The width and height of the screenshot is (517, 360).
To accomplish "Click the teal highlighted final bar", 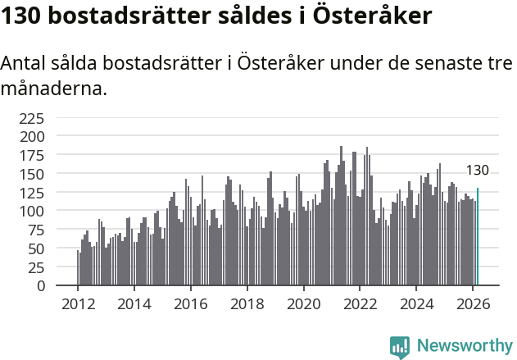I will click(478, 238).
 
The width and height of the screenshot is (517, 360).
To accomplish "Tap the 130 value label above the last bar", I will click(478, 171).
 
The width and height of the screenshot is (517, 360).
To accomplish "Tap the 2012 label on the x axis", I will click(78, 303).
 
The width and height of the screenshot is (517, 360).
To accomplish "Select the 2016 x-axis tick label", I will click(191, 303).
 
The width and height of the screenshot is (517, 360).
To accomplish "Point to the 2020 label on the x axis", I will click(303, 303).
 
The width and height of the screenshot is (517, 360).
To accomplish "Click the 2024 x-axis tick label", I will click(416, 303).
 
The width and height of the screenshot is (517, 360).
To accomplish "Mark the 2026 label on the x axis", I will click(473, 303).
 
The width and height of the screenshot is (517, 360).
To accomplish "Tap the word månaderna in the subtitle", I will click(54, 89).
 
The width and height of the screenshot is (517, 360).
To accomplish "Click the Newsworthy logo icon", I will click(400, 347).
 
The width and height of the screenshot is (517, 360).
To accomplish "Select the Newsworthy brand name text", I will click(464, 347).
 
